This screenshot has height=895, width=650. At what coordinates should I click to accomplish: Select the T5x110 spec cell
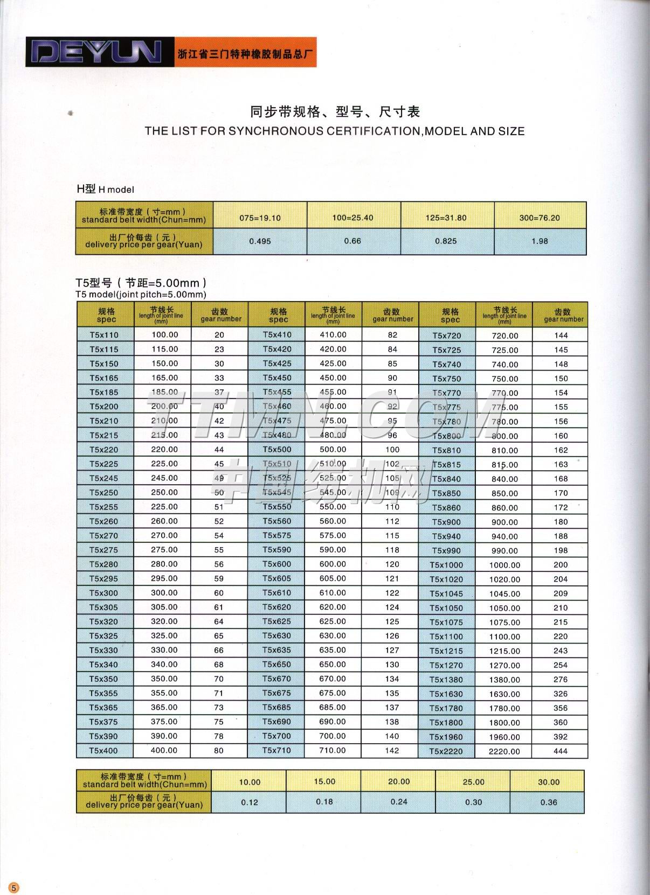click(104, 334)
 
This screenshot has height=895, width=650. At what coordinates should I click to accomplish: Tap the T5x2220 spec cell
click(446, 751)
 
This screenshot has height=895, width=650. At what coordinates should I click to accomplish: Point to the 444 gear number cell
click(561, 751)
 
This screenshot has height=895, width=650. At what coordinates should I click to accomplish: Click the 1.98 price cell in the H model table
click(540, 241)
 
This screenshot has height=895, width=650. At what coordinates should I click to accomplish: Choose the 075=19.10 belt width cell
click(260, 218)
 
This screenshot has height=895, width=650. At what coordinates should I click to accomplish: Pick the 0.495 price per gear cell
click(260, 241)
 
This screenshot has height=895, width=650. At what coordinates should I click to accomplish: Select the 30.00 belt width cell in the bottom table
click(549, 782)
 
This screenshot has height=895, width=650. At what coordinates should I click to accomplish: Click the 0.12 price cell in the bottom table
click(250, 802)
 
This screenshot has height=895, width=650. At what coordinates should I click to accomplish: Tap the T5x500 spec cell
click(277, 449)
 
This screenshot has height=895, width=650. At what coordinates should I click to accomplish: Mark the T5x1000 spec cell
click(446, 565)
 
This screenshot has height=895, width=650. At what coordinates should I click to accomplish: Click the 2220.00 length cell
click(504, 751)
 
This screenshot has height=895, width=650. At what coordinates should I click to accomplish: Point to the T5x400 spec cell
click(103, 750)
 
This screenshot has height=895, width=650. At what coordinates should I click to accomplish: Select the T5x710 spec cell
click(276, 750)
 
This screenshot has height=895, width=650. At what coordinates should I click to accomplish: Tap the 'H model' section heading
click(106, 189)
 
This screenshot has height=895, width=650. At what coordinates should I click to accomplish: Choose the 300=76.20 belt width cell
click(540, 218)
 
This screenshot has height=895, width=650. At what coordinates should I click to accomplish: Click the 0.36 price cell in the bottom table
click(549, 802)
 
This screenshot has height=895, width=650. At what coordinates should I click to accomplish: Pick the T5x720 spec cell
click(447, 335)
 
